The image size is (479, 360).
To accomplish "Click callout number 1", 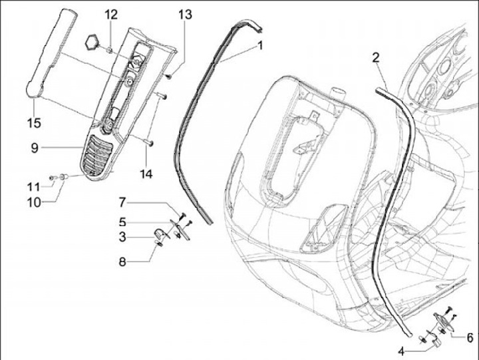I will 260,45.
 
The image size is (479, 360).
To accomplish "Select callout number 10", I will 34,201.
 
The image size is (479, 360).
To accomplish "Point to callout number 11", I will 34,186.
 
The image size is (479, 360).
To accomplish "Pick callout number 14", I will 146,174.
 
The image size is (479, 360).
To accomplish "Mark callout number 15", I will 34,122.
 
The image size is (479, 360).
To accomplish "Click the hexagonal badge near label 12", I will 92,43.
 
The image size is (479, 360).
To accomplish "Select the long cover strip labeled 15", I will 51,53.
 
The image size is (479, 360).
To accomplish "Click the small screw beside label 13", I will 168,77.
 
